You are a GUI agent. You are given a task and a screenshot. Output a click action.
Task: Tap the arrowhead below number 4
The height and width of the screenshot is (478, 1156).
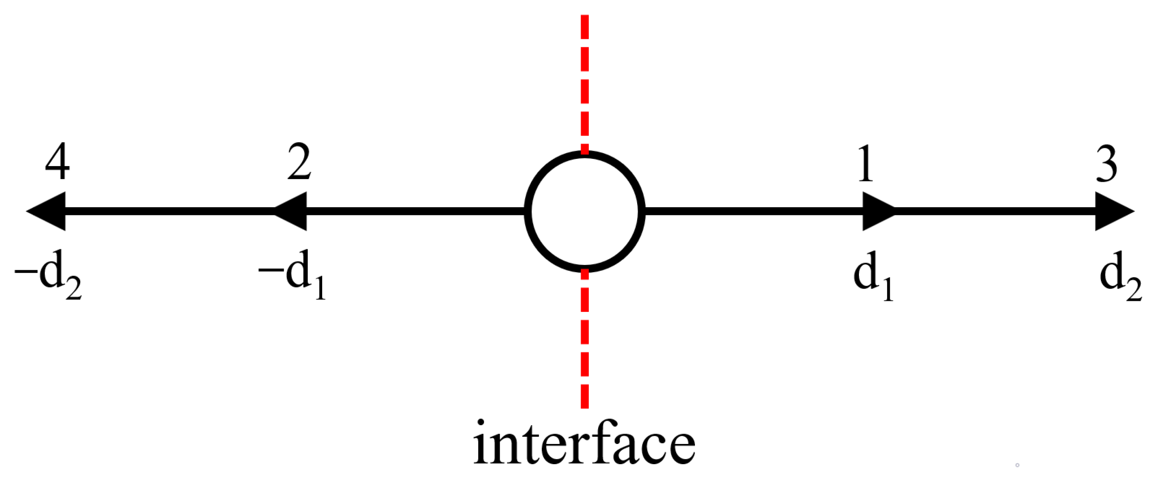(x=48, y=211)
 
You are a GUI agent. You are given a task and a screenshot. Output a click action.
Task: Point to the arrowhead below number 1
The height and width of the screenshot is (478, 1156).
(x=877, y=211)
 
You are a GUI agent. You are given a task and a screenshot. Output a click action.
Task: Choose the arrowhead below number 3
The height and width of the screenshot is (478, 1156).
(x=1112, y=211)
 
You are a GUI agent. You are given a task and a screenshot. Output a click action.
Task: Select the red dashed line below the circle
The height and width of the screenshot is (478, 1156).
(x=584, y=341)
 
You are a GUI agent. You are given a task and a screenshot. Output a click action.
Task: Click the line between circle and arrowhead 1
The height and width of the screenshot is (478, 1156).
(x=754, y=211)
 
